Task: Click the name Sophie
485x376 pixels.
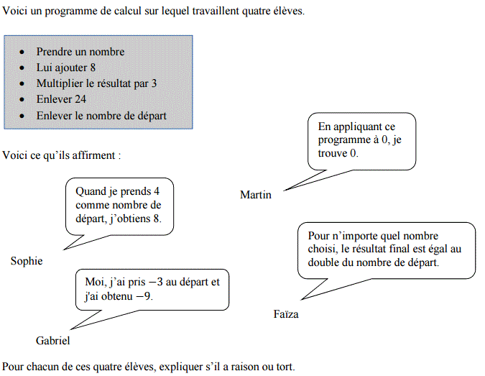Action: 27,262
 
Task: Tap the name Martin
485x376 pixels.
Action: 256,195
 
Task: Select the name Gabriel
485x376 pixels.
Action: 53,341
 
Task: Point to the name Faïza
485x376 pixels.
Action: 286,314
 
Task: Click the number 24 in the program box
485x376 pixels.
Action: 80,99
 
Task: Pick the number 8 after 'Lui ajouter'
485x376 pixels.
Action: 93,68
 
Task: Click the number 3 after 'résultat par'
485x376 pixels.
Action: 154,83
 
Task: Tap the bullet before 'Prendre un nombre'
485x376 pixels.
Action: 22,52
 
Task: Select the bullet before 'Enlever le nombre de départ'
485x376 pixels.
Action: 22,116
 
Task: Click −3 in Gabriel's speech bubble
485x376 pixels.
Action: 156,282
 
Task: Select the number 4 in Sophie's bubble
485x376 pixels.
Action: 157,191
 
